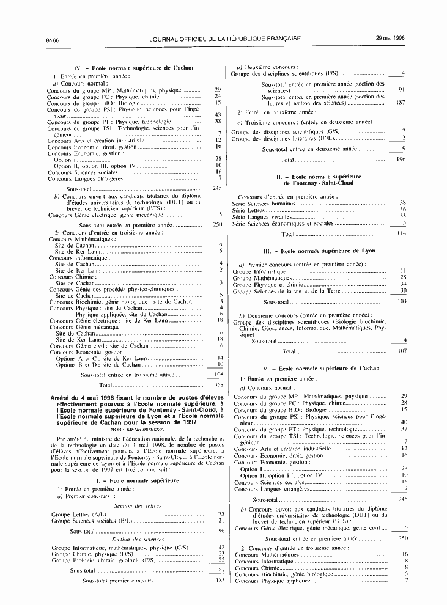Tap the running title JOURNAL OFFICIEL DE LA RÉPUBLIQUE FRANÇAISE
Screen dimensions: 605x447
224,38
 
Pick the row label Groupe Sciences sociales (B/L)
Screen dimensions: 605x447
92,521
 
